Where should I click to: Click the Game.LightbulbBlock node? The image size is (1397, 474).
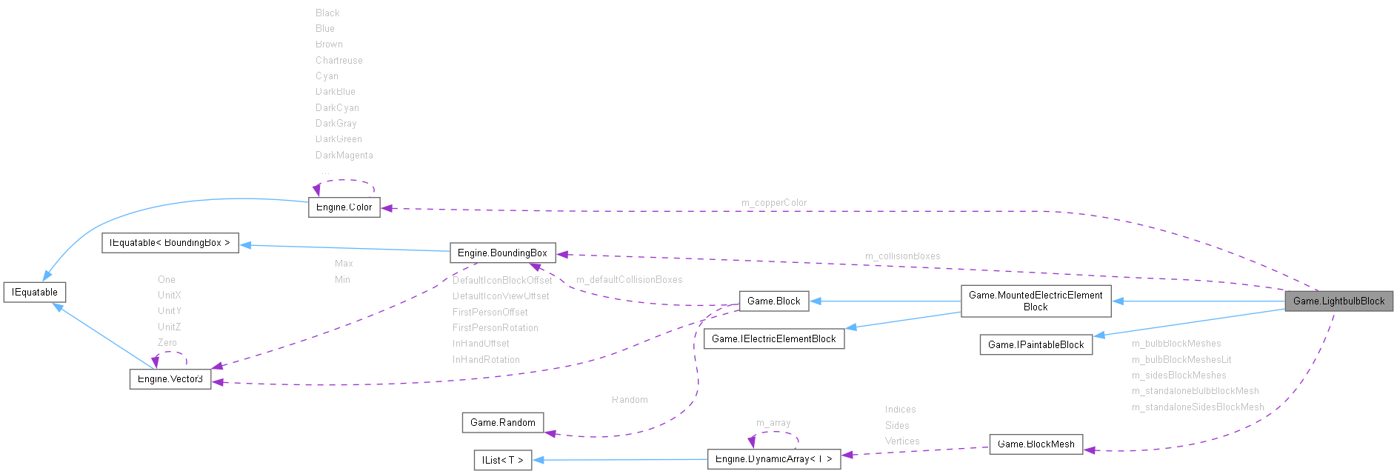pyautogui.click(x=1338, y=301)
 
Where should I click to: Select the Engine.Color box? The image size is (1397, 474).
pyautogui.click(x=344, y=207)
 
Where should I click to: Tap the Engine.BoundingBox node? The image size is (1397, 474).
pyautogui.click(x=502, y=253)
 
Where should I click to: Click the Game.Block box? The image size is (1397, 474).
pyautogui.click(x=773, y=301)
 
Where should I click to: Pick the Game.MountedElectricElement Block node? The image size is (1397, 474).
pyautogui.click(x=1036, y=301)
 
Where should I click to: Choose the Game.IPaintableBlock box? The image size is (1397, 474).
pyautogui.click(x=1036, y=344)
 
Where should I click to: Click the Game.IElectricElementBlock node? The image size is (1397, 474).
pyautogui.click(x=773, y=338)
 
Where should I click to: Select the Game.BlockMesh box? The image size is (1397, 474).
pyautogui.click(x=1036, y=444)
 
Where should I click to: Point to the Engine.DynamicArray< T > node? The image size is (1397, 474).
pyautogui.click(x=773, y=459)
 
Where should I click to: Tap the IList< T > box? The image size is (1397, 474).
pyautogui.click(x=502, y=460)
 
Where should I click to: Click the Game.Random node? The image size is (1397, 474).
pyautogui.click(x=502, y=422)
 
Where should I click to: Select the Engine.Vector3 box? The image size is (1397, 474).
pyautogui.click(x=170, y=378)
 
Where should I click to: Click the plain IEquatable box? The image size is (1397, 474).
pyautogui.click(x=34, y=292)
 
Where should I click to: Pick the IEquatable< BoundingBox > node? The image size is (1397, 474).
pyautogui.click(x=170, y=243)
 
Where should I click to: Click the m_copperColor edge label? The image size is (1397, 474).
pyautogui.click(x=773, y=203)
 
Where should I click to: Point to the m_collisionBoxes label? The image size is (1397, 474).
pyautogui.click(x=902, y=256)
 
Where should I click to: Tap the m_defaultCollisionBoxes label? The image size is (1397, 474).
pyautogui.click(x=629, y=280)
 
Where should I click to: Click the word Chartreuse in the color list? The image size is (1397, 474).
pyautogui.click(x=339, y=61)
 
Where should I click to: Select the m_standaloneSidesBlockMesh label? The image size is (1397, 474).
pyautogui.click(x=1197, y=407)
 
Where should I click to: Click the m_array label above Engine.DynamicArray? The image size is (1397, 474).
pyautogui.click(x=773, y=423)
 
